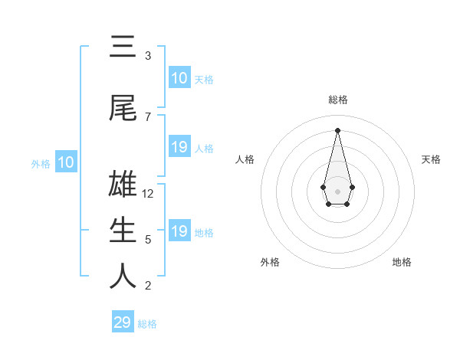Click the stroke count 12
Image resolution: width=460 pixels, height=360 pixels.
pyautogui.click(x=148, y=194)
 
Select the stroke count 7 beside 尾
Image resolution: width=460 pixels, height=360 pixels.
pyautogui.click(x=148, y=117)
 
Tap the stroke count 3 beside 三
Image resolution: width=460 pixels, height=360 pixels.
pyautogui.click(x=148, y=56)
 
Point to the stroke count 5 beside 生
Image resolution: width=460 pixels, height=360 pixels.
pyautogui.click(x=148, y=240)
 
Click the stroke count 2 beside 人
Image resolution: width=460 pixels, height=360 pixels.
pyautogui.click(x=148, y=286)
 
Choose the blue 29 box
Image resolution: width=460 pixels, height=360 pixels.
pyautogui.click(x=123, y=322)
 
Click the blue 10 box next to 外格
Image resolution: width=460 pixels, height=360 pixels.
pyautogui.click(x=66, y=162)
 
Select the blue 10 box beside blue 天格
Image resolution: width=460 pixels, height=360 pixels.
pyautogui.click(x=179, y=78)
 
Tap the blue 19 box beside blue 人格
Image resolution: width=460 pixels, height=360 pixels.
pyautogui.click(x=179, y=147)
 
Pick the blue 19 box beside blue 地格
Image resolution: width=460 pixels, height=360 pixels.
pyautogui.click(x=179, y=231)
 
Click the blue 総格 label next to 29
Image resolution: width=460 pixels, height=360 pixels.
pyautogui.click(x=147, y=324)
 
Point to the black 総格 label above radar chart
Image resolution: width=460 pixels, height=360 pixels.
pyautogui.click(x=338, y=100)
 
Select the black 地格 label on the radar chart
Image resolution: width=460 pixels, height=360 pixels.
pyautogui.click(x=402, y=262)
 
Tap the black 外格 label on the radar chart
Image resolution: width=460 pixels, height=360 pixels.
pyautogui.click(x=270, y=262)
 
